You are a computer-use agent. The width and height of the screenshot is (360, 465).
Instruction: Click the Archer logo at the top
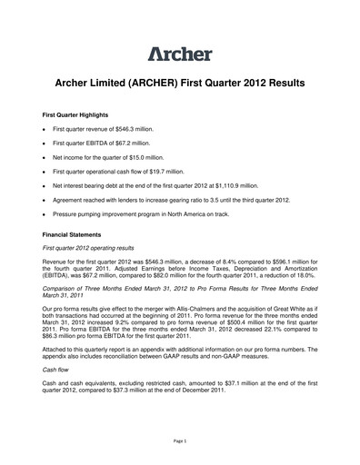180,52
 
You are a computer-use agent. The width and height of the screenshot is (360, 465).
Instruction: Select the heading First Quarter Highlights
83,117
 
